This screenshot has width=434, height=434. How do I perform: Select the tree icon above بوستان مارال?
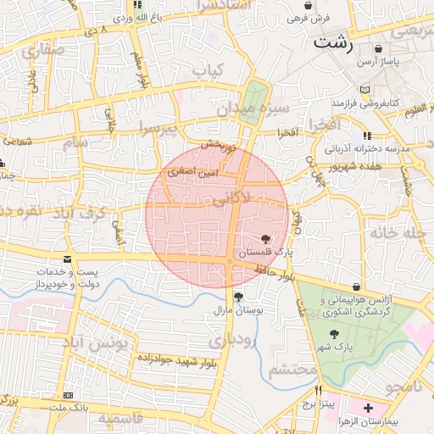(238, 298)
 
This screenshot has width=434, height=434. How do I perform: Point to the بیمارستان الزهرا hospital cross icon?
(367, 409)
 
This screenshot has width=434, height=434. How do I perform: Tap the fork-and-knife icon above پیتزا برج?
(319, 391)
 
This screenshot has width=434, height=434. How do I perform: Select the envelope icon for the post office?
(68, 260)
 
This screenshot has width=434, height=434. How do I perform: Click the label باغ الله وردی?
(131, 16)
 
